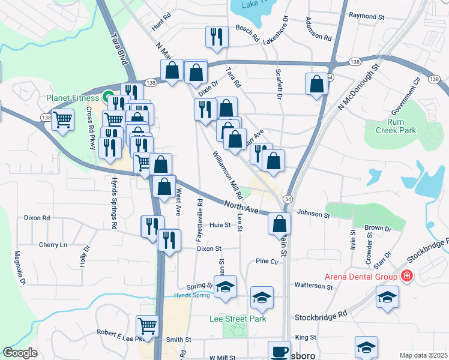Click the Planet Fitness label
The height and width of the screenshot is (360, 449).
[x=73, y=97]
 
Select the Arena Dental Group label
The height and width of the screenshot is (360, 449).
[x=361, y=277]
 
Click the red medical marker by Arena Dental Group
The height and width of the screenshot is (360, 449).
[x=407, y=276]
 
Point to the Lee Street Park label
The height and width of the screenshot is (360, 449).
[x=238, y=319]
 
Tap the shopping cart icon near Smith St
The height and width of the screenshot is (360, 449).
[x=148, y=326]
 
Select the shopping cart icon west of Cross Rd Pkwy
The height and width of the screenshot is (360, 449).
[x=62, y=120]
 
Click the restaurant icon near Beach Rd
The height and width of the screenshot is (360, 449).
[x=216, y=37]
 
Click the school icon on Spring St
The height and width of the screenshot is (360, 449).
[x=226, y=287]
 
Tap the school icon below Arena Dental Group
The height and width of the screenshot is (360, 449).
[x=388, y=296]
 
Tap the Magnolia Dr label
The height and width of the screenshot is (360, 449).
[x=20, y=268]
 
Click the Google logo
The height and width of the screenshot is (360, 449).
[x=20, y=353]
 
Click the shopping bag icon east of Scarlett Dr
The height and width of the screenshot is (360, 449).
[x=316, y=85]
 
